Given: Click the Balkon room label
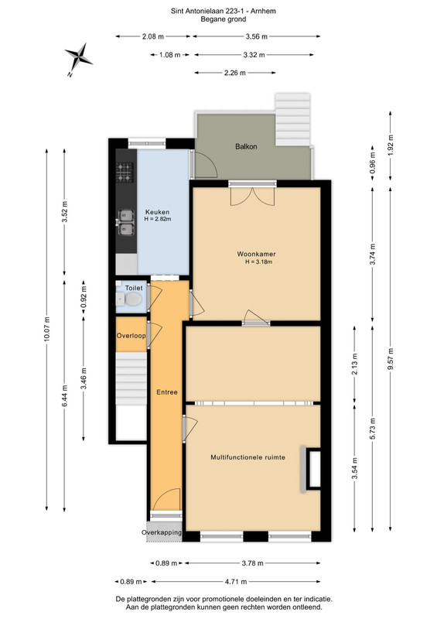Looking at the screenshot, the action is point(246,146).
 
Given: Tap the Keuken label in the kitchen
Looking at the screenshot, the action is point(157,212).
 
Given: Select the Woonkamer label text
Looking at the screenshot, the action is point(256,255).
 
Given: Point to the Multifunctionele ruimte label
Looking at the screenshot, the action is point(248,457).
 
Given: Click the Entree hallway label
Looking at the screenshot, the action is point(167,392).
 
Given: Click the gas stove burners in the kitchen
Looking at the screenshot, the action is point(125,173).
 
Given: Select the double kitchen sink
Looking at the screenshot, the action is point(126,223).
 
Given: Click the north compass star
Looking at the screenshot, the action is point(79,56).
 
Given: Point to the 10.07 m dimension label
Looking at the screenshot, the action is point(47,330).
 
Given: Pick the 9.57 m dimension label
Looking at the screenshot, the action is point(391,359).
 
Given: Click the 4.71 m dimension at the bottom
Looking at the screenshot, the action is point(236,582).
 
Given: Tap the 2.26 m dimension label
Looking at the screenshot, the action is point(235,73).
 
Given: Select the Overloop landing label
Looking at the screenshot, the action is point(131,336).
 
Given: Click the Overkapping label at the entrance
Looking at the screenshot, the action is point(162,532).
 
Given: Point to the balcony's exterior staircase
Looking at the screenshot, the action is point(292,120).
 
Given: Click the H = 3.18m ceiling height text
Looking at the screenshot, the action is point(259,262).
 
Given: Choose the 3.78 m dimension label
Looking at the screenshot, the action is point(252,563).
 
